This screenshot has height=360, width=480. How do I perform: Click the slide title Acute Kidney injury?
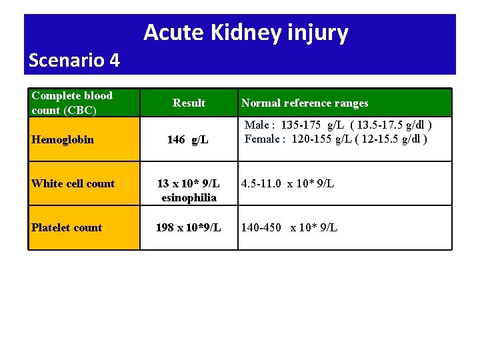coord(245,32)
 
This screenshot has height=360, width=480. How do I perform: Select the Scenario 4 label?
coord(74,61)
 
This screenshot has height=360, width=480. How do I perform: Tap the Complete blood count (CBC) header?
coord(72,103)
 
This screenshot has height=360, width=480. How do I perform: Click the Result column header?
coord(189,103)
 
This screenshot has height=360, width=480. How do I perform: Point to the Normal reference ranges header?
coord(304,103)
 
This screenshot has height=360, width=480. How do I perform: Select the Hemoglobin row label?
coord(62,139)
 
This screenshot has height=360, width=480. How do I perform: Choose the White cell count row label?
coord(73,183)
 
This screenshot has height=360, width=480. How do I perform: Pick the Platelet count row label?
coord(66,227)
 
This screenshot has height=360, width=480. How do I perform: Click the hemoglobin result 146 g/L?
coord(187,139)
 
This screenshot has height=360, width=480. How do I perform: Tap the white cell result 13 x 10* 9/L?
coord(188,183)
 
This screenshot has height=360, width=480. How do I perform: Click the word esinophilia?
coord(189,197)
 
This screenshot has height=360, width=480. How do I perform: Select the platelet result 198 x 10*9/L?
coord(188,227)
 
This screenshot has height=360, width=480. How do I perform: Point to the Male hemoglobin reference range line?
coord(338,125)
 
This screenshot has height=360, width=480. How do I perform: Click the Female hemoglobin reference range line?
coord(335,139)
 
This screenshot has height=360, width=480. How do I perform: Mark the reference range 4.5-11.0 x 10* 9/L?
coord(287,183)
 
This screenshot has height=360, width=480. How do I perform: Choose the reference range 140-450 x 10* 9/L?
coord(289,227)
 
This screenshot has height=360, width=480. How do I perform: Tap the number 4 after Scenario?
coord(114,61)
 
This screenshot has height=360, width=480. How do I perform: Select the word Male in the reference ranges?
coord(257,125)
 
